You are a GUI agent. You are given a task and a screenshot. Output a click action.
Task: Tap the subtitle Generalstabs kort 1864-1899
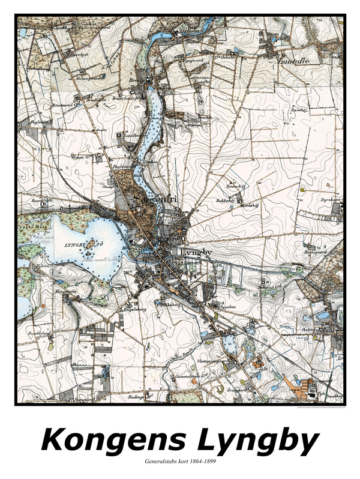tap(179, 462)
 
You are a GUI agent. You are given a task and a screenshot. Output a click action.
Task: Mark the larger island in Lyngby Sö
tap(92, 245)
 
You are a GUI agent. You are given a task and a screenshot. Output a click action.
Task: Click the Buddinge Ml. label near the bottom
tap(140, 397)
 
